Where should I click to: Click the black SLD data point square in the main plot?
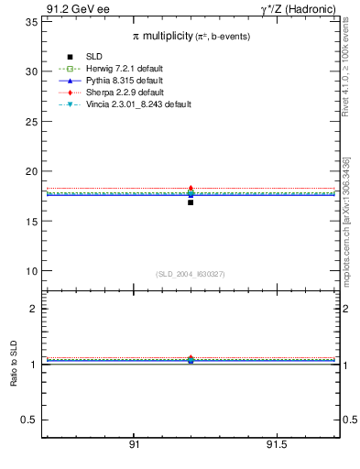[191, 202]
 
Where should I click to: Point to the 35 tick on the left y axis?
[29, 21]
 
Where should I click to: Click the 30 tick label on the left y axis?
[29, 71]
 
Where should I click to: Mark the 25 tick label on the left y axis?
[29, 121]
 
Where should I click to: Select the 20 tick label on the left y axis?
[29, 171]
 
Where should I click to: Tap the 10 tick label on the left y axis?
[29, 271]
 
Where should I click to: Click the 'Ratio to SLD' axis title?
[14, 364]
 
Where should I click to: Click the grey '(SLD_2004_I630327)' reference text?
[190, 274]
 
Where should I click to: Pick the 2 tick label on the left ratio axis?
[33, 309]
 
